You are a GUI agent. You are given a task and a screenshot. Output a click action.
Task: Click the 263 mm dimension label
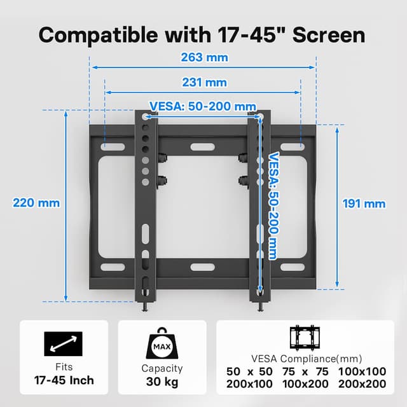pos(203,57)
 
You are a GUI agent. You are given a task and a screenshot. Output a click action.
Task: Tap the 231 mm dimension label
pos(203,83)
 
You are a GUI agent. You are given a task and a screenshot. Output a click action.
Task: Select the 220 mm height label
pos(36,203)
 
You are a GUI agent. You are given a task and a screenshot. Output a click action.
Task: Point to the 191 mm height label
pos(364,203)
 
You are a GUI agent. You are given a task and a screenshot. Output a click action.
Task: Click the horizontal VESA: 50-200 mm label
pos(203,106)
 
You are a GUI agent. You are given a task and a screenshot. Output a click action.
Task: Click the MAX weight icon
pos(162,344)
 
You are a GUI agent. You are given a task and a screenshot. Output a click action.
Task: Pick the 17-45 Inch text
pos(64,380)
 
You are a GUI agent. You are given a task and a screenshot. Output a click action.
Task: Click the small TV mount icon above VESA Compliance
pos(305,338)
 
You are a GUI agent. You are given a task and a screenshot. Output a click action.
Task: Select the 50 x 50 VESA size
pos(249,371)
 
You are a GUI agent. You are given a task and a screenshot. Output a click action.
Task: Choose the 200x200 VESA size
pos(362,383)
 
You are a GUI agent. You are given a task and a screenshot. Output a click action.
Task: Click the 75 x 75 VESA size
pos(306,371)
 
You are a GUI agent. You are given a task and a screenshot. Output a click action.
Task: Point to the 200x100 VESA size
pos(249,383)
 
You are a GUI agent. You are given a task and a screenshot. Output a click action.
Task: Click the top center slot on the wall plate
pos(203,147)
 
